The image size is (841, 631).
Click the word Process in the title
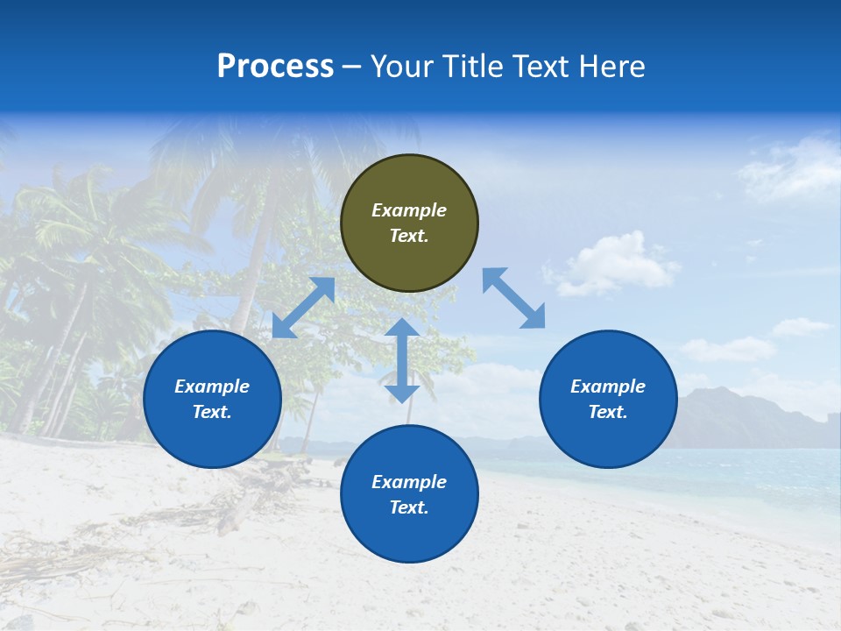(275, 67)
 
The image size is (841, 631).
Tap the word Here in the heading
(612, 67)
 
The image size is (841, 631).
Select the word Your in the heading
(403, 67)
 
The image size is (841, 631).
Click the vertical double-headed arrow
(402, 360)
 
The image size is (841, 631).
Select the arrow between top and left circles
(303, 308)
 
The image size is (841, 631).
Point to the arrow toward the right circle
(513, 298)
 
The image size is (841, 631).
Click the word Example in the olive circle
(409, 210)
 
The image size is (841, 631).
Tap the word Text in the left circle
(212, 412)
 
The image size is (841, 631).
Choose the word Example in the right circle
(608, 386)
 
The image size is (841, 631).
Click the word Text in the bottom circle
(409, 507)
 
